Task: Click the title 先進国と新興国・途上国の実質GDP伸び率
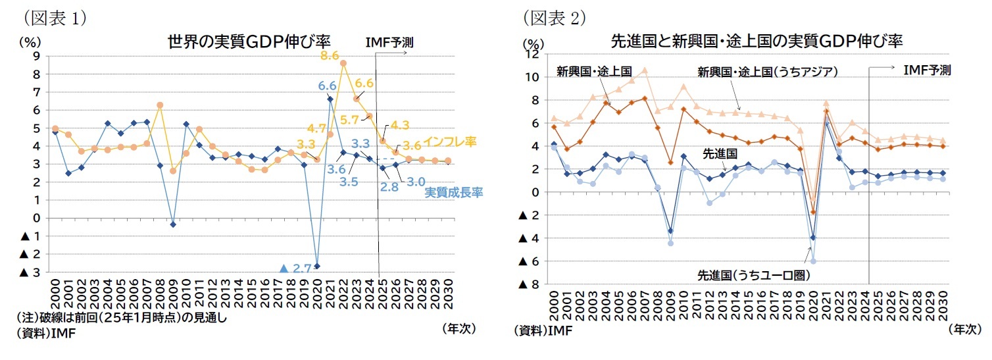pyautogui.click(x=756, y=41)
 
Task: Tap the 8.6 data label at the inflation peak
pyautogui.click(x=330, y=56)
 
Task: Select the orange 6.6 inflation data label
pyautogui.click(x=364, y=84)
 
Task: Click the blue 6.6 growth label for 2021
pyautogui.click(x=327, y=86)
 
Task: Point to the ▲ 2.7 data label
pyautogui.click(x=295, y=269)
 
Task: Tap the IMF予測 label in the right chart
pyautogui.click(x=927, y=70)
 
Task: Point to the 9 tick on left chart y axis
pyautogui.click(x=36, y=56)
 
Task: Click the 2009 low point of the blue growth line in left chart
pyautogui.click(x=173, y=224)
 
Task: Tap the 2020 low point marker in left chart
pyautogui.click(x=317, y=266)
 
